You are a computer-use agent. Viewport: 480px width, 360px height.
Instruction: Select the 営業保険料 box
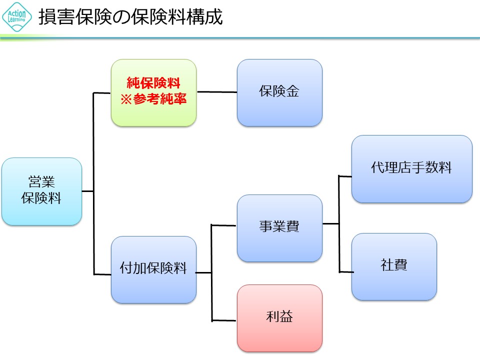pos(41,191)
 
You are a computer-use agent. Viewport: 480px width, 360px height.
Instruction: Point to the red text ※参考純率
pos(153,99)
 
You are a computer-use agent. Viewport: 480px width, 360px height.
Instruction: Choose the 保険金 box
pos(279,92)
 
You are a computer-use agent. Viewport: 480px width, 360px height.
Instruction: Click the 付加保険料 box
pos(153,269)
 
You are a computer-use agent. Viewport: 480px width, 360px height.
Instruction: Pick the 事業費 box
pos(279,227)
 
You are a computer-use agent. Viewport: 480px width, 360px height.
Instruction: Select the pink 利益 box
pos(279,317)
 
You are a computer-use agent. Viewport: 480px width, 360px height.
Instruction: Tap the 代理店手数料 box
pos(411,168)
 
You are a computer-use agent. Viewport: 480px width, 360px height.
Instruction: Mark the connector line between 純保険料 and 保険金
pos(216,92)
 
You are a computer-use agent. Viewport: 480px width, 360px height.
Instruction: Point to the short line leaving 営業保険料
pos(87,191)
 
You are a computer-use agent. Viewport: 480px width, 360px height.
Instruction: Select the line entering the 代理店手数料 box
pos(345,176)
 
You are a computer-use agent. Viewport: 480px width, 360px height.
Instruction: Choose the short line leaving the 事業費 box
pos(330,223)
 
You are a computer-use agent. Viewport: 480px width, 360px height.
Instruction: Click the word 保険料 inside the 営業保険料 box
pos(41,198)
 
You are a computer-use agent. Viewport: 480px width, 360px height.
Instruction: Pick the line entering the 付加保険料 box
pos(102,274)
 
